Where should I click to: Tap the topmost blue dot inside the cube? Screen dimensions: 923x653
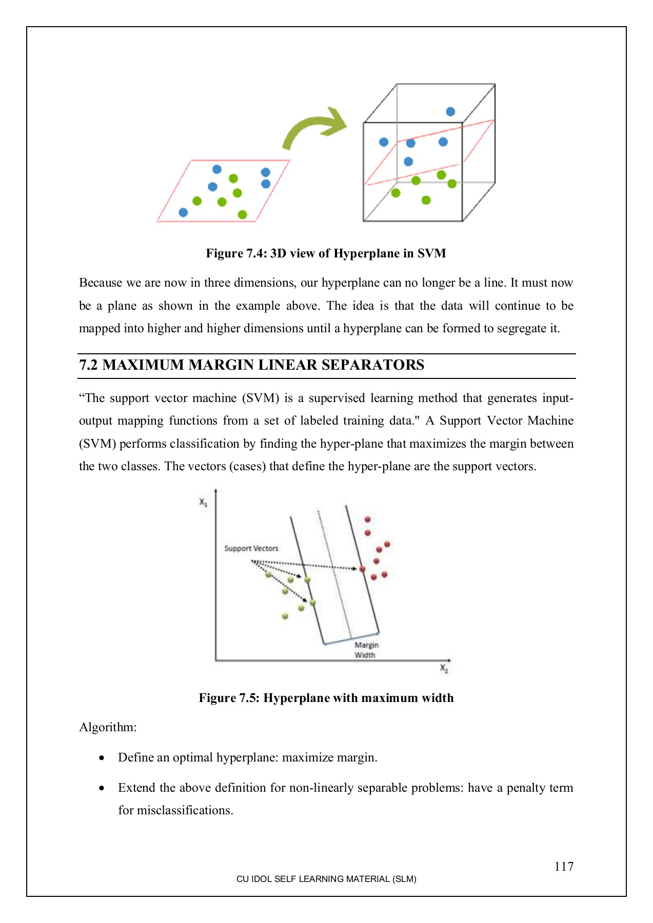[x=450, y=112]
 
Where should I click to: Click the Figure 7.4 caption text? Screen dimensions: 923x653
[x=326, y=253]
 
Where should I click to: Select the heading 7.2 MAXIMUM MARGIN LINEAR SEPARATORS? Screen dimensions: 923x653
[x=251, y=365]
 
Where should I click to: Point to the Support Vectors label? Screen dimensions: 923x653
[x=251, y=548]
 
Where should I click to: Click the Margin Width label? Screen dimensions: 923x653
[x=366, y=650]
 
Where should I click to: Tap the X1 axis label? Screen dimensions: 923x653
[x=203, y=502]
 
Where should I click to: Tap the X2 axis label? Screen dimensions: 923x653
[x=444, y=669]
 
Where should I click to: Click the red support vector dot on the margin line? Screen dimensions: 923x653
[x=363, y=569]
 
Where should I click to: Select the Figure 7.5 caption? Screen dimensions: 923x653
[x=326, y=698]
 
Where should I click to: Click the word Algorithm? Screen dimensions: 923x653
[x=108, y=727]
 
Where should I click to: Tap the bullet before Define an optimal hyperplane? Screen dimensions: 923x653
[x=102, y=758]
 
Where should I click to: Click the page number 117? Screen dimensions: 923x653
[x=563, y=867]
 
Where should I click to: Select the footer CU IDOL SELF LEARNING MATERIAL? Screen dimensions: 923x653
[x=326, y=879]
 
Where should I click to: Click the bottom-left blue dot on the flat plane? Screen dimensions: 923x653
[x=183, y=212]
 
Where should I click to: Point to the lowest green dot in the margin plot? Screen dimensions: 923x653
[x=285, y=616]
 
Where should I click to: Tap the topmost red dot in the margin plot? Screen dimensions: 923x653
[x=367, y=520]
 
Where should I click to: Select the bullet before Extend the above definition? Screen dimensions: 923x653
[x=102, y=788]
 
